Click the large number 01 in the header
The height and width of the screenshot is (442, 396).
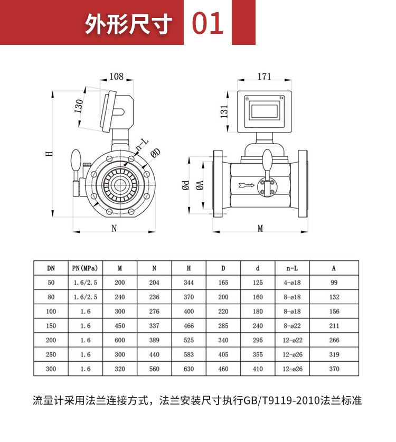pyautogui.click(x=208, y=23)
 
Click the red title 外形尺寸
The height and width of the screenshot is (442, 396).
pyautogui.click(x=129, y=24)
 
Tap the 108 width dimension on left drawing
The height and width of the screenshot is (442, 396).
pyautogui.click(x=116, y=77)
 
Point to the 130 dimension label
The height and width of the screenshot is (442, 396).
pyautogui.click(x=79, y=106)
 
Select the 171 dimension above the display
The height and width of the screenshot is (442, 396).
pyautogui.click(x=264, y=77)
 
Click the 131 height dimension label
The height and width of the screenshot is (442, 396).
pyautogui.click(x=224, y=111)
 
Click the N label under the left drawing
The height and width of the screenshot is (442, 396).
pyautogui.click(x=114, y=228)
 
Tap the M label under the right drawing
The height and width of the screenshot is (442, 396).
pyautogui.click(x=260, y=228)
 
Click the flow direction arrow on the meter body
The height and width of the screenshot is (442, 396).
pyautogui.click(x=247, y=185)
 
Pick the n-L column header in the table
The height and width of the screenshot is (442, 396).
pyautogui.click(x=292, y=268)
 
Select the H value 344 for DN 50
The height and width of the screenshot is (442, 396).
pyautogui.click(x=188, y=283)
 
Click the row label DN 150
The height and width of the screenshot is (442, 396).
pyautogui.click(x=51, y=326)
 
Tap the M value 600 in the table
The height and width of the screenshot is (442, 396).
pyautogui.click(x=120, y=340)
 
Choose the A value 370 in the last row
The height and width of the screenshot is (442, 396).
pyautogui.click(x=334, y=369)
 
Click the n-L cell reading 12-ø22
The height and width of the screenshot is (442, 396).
pyautogui.click(x=292, y=340)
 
